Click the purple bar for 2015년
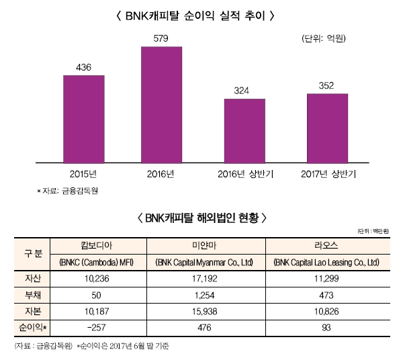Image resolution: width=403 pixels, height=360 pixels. click(84, 118)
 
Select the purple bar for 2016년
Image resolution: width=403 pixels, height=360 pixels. click(161, 105)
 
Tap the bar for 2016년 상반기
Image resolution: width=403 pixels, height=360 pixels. click(244, 130)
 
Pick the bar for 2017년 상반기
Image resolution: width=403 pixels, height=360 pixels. click(327, 128)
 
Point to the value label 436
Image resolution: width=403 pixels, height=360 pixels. click(83, 67)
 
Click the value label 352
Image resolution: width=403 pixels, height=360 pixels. click(327, 85)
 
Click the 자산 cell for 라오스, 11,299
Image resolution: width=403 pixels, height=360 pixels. click(326, 277)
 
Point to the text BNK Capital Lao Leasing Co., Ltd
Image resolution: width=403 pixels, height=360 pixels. click(327, 262)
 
